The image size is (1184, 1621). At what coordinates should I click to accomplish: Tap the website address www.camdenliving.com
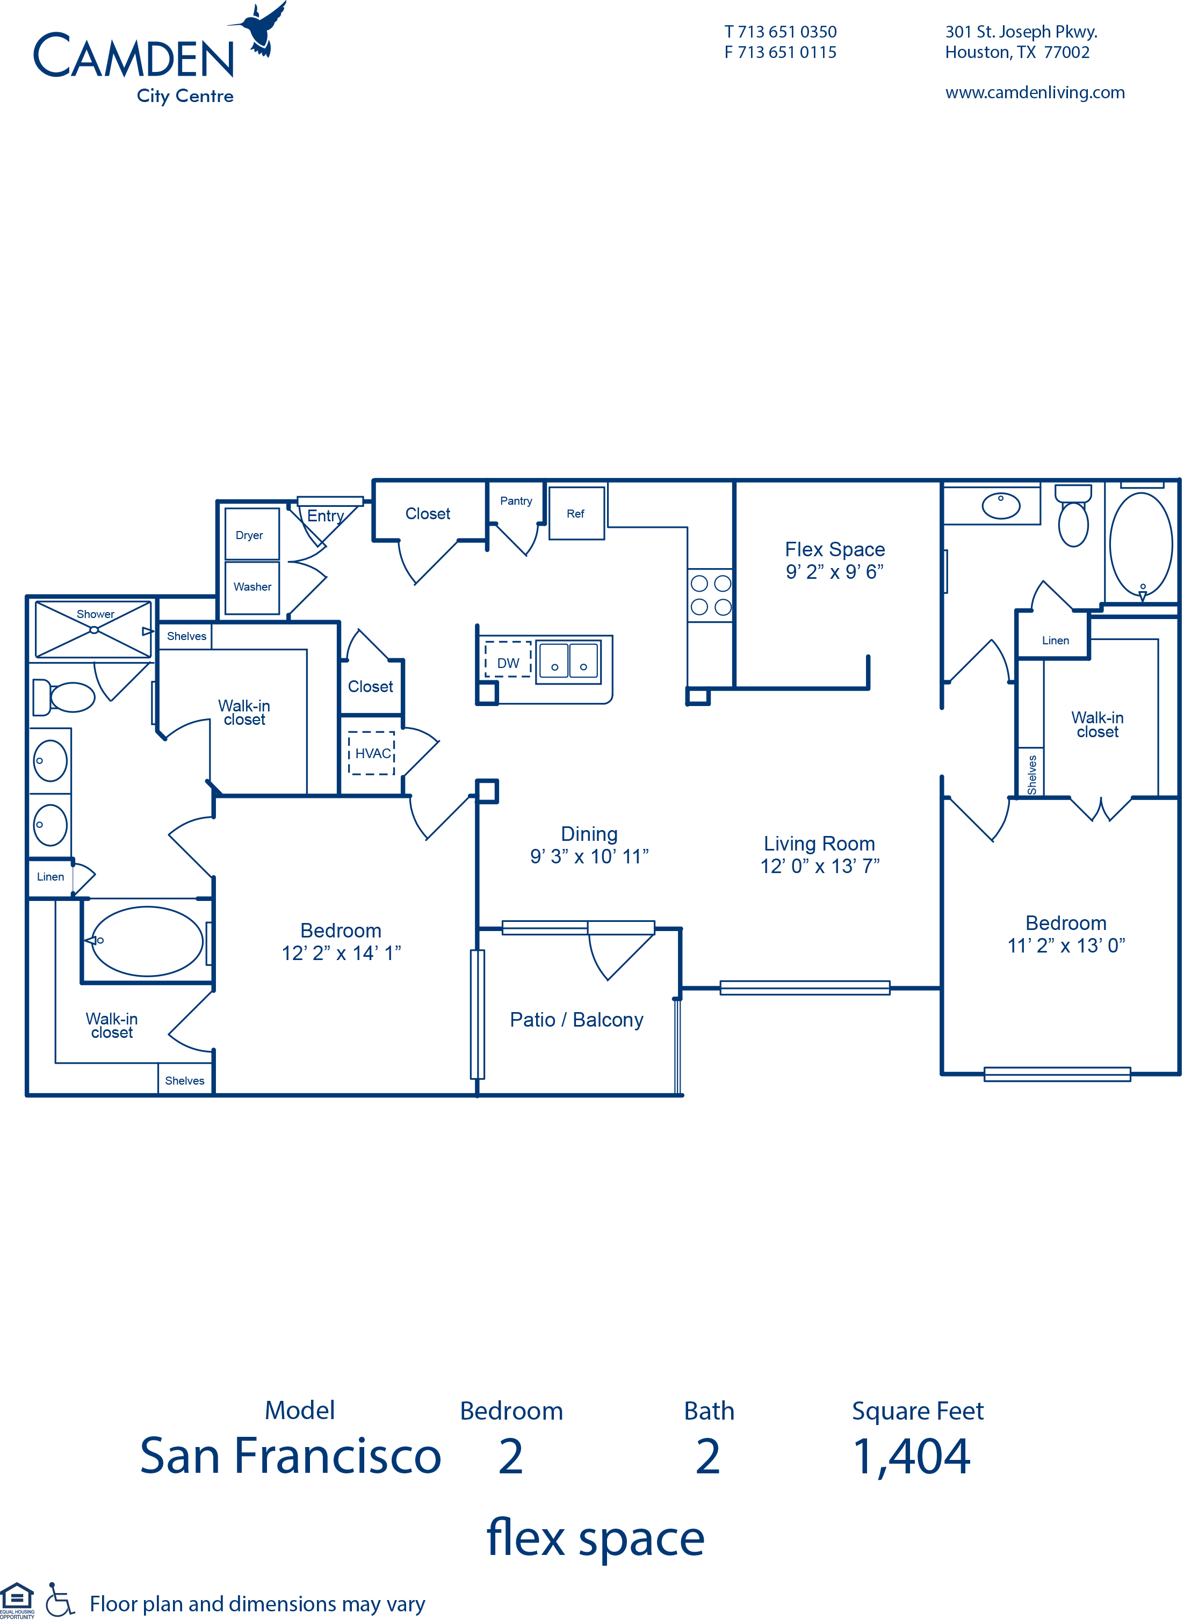click(1034, 92)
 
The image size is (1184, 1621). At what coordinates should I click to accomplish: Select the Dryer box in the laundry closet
click(251, 534)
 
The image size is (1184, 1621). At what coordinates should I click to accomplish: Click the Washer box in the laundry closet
click(251, 587)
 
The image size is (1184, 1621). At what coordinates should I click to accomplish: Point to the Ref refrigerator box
click(576, 513)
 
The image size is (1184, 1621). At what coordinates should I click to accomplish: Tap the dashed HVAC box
click(371, 753)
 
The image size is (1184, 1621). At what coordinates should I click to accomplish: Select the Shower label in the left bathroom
click(95, 614)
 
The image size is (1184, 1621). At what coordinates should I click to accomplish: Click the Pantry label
click(516, 501)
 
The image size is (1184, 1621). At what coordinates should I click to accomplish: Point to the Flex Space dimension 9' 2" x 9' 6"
click(834, 572)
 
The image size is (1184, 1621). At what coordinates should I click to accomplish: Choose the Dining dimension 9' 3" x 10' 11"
click(589, 856)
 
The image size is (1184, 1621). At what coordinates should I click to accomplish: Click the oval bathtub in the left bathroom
click(146, 941)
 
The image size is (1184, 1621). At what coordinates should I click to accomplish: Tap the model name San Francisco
click(290, 1456)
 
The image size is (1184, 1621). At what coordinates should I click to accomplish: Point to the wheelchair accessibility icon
click(60, 1600)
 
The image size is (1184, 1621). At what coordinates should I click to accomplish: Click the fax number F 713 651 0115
click(780, 52)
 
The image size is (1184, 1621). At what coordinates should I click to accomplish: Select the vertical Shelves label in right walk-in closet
click(1032, 774)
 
